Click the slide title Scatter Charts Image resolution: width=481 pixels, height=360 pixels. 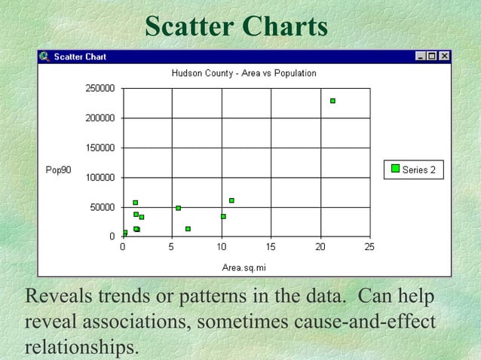pos(236,26)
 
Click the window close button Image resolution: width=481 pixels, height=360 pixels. pos(445,56)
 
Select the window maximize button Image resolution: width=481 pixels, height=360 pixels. pos(433,56)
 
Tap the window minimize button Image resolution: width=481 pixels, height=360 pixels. pos(421,56)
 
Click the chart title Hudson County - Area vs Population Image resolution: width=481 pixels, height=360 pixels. pos(244,74)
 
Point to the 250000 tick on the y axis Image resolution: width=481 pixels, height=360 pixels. pos(100,88)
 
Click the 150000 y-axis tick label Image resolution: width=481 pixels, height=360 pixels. pos(100,148)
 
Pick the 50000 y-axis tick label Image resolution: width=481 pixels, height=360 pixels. pos(102,207)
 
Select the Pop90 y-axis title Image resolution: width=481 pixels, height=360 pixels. pos(58,170)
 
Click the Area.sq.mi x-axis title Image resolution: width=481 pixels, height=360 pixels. pos(244,267)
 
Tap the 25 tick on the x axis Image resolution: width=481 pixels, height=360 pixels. pos(369,247)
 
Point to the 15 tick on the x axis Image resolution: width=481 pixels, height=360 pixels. pos(271,247)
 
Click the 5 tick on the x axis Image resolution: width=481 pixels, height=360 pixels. pos(172,247)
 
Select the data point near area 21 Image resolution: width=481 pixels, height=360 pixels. pos(332,101)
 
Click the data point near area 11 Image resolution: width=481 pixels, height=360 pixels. pos(231,200)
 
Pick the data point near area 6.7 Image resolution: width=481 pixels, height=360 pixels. pos(188,229)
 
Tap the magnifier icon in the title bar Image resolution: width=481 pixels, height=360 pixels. pos(44,56)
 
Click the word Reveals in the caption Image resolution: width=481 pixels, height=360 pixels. pos(57,297)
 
